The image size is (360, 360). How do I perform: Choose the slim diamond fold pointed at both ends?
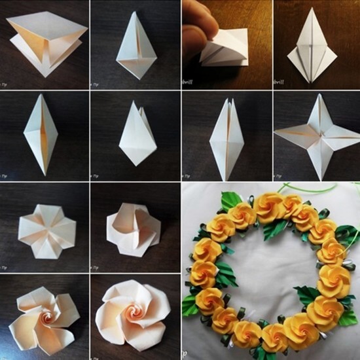coord(44,135)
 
